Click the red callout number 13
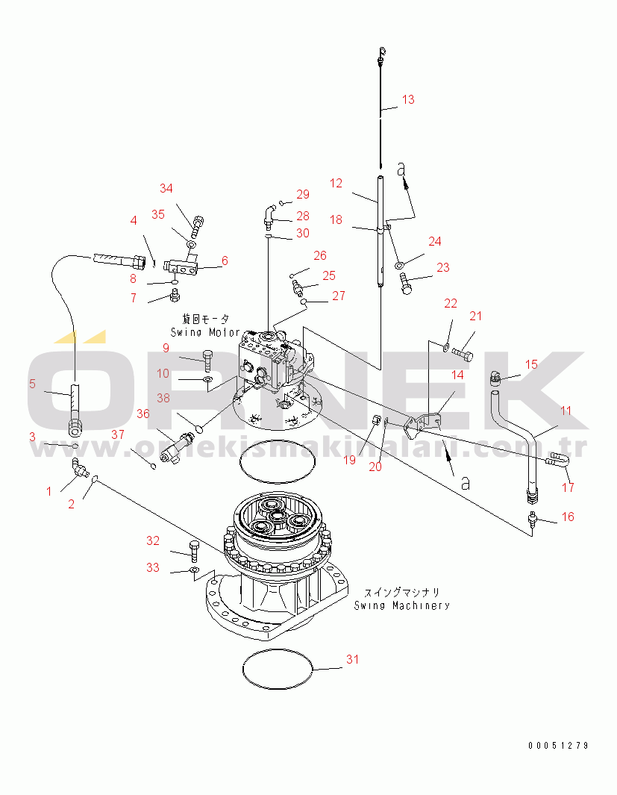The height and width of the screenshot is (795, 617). [x=407, y=99]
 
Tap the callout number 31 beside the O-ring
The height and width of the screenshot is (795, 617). [x=352, y=659]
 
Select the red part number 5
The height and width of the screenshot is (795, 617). [x=32, y=384]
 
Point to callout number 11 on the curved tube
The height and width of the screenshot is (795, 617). [x=566, y=410]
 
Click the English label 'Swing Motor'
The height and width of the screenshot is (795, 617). [x=205, y=331]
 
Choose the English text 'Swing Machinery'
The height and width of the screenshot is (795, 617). [x=401, y=605]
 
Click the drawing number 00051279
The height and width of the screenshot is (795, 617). [x=558, y=745]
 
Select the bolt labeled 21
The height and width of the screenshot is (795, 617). [x=461, y=347]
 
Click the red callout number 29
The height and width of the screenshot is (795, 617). [x=301, y=195]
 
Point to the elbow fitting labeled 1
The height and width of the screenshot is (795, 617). [x=77, y=468]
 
